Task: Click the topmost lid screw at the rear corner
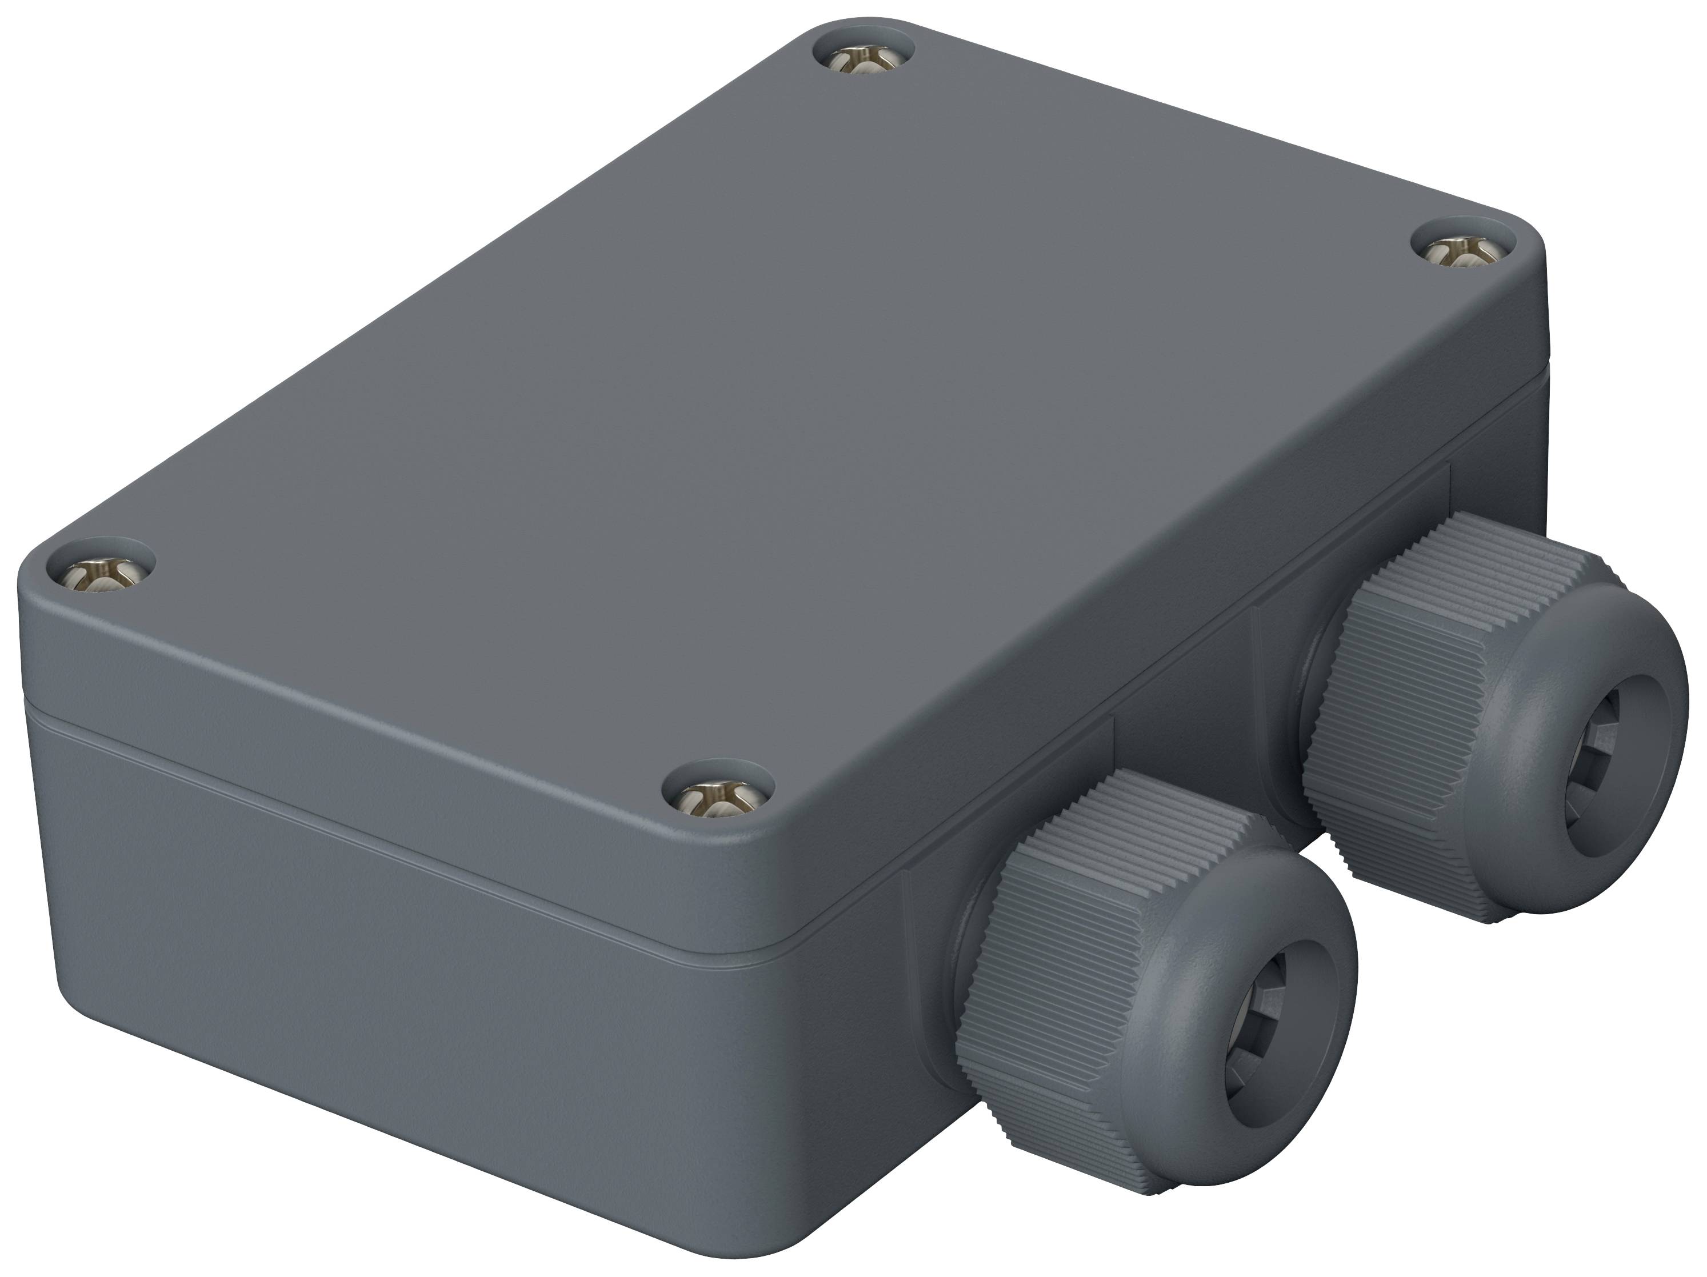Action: click(x=864, y=58)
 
